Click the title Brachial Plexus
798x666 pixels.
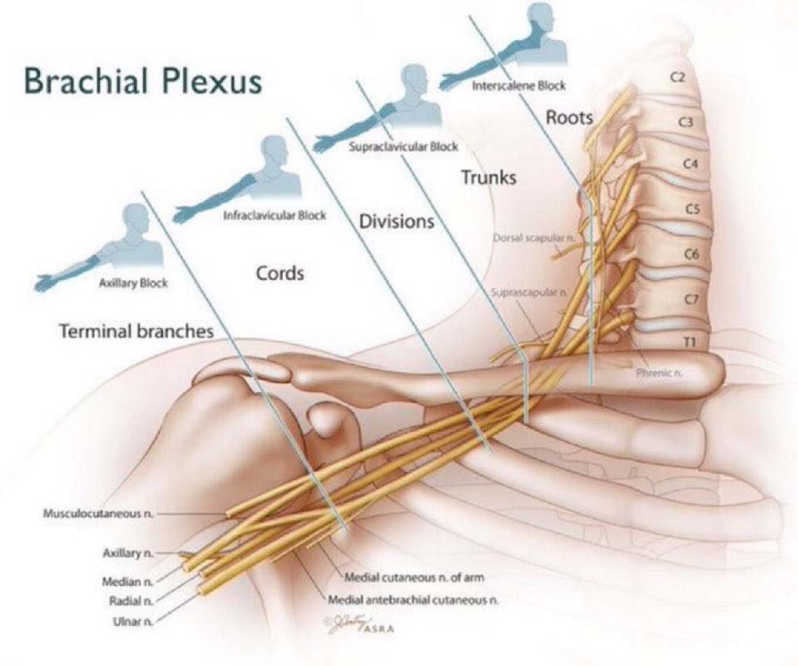142,82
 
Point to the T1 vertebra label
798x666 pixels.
688,340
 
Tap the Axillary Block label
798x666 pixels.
134,283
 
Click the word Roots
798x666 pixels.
569,117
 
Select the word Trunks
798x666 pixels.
488,177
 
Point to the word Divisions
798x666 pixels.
397,221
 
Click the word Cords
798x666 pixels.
280,273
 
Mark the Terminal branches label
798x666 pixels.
136,331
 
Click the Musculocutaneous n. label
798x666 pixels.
98,513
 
